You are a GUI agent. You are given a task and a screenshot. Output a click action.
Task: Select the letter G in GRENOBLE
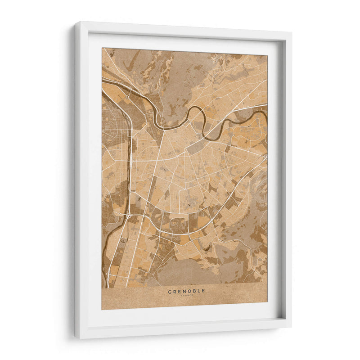170,291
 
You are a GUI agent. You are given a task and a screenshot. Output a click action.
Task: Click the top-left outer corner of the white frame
75,22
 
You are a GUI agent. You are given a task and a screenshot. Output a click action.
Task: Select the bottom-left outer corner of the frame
75,337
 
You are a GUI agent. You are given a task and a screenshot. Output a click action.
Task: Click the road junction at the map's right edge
265,157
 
